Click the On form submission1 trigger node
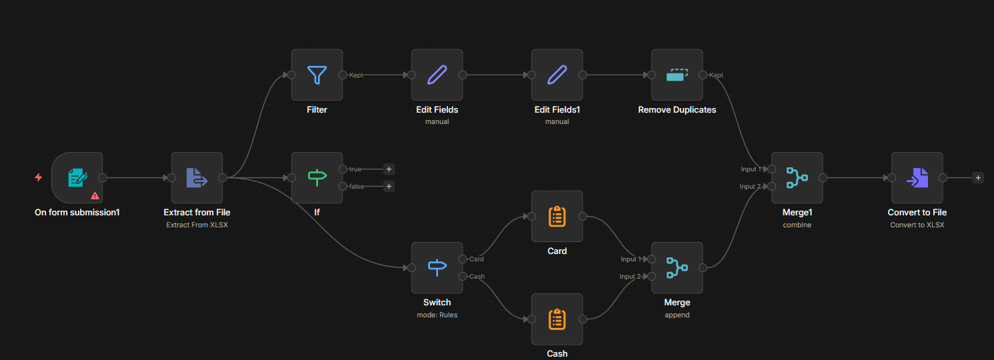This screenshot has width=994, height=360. click(77, 178)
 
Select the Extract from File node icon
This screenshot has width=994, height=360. click(197, 178)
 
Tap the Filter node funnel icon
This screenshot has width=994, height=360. click(317, 75)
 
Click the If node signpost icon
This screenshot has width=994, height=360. click(317, 178)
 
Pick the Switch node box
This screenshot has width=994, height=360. click(437, 267)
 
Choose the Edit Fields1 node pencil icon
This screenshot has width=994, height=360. click(557, 75)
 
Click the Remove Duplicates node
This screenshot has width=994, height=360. click(677, 75)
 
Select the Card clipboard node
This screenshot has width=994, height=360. click(557, 217)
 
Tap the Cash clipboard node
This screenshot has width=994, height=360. click(557, 319)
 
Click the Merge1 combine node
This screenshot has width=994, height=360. click(797, 178)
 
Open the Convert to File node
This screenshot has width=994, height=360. click(917, 178)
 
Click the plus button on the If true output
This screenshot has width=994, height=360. click(389, 169)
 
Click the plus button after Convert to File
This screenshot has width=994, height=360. click(978, 178)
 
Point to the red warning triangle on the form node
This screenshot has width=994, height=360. click(95, 195)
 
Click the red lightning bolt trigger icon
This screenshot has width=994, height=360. click(39, 178)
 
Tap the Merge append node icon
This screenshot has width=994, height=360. click(677, 267)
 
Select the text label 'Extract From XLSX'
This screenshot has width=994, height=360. click(197, 225)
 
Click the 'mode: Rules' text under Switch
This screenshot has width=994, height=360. click(437, 315)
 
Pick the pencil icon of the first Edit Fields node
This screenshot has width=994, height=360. click(437, 75)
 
